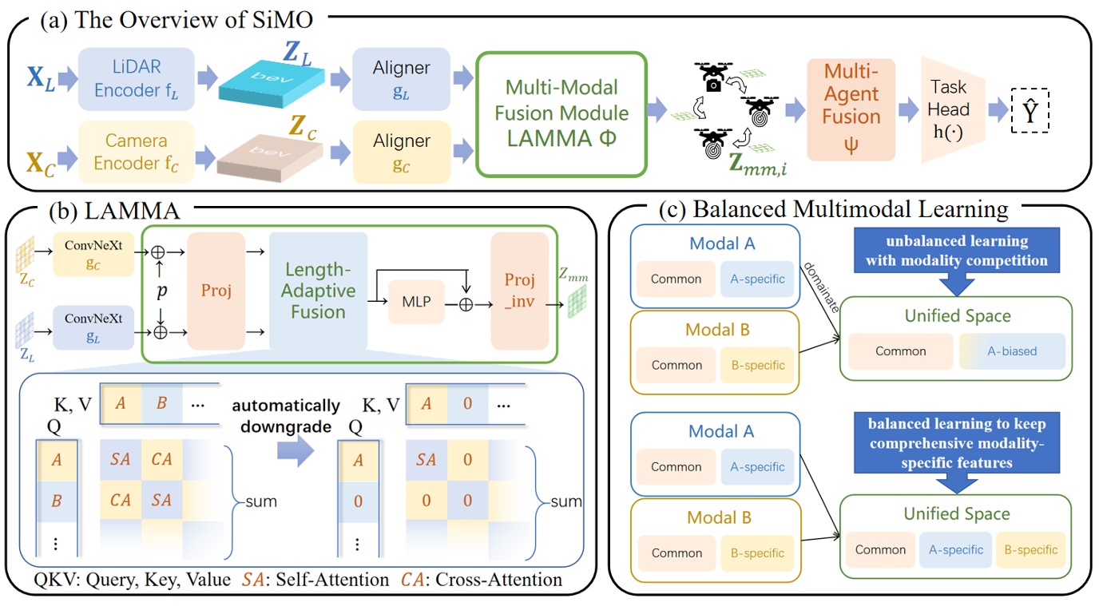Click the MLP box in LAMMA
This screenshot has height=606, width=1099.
pos(415,302)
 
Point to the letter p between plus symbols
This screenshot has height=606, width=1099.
pos(161,292)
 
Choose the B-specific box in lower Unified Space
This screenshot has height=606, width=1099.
pos(1030,550)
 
